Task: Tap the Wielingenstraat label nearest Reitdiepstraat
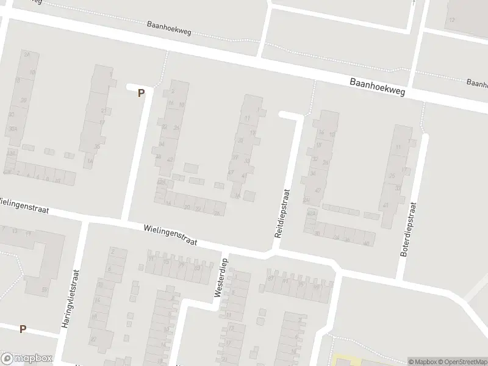(x=170, y=234)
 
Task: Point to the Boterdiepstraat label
(x=409, y=229)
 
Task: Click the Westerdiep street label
(x=220, y=282)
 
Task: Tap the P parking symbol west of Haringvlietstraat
(x=23, y=329)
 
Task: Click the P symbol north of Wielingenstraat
(x=141, y=93)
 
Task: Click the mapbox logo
(x=26, y=359)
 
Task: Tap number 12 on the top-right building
(x=451, y=20)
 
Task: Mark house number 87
(x=270, y=279)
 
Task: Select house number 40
(x=365, y=243)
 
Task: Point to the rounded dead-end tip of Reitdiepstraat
(x=281, y=114)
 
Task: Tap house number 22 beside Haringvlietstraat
(x=93, y=339)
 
